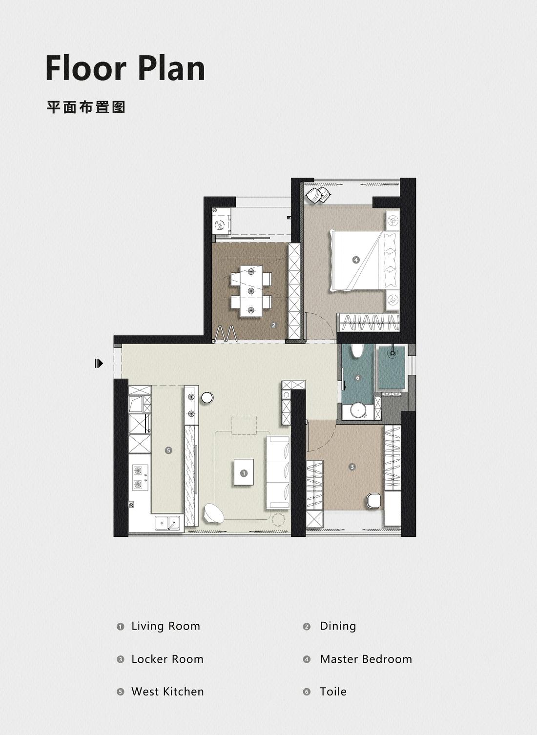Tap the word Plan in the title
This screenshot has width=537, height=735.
pos(171,68)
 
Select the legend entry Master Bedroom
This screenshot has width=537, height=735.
pos(366,659)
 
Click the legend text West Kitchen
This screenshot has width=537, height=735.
pos(167,692)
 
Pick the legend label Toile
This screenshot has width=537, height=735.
pos(333,692)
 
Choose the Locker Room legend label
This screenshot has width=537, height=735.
pos(167,659)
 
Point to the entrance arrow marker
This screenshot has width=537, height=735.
pos(99,363)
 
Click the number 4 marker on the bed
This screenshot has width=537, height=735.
pos(356,260)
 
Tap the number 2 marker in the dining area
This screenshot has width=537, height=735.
pos(274,325)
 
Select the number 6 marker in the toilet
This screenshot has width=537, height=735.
pos(358,378)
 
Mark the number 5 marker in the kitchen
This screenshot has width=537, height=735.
pos(168,450)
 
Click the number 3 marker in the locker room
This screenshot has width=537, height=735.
pos(352,467)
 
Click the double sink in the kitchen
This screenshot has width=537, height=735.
pos(168,523)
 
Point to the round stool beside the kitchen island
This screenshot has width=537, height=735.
pos(207,398)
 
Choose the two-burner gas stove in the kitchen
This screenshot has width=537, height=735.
pos(140,478)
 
